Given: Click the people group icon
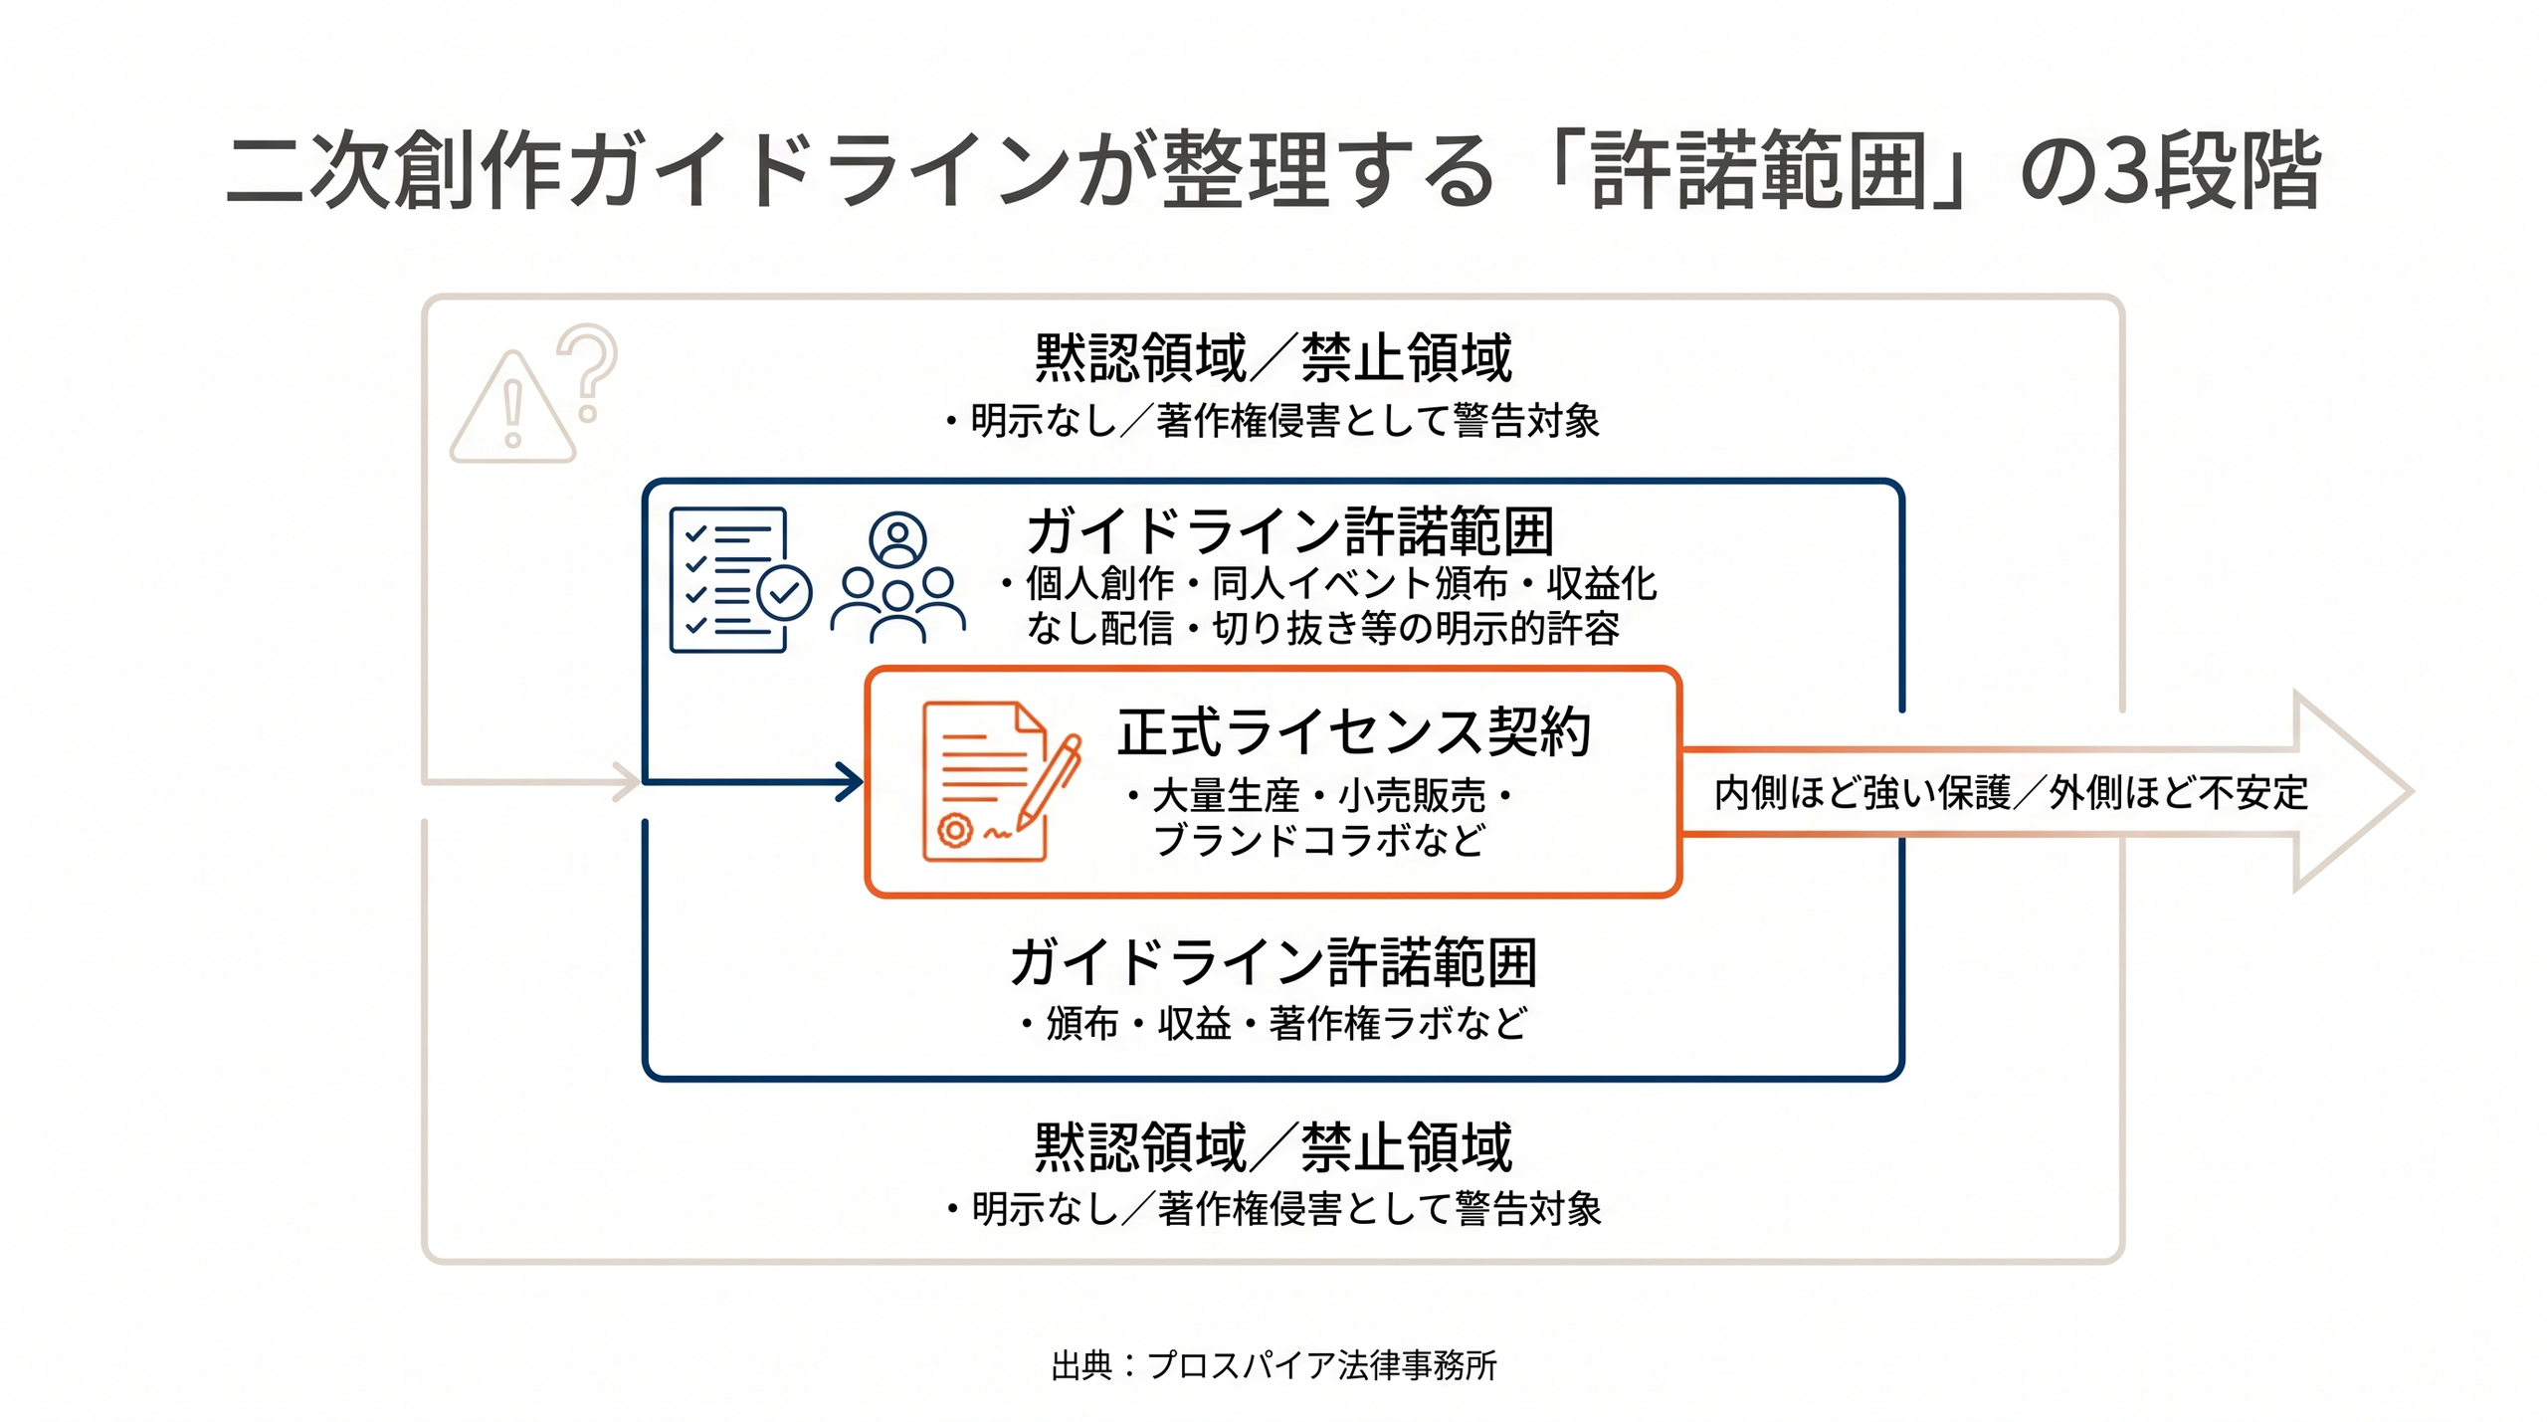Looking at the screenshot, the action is click(x=897, y=577).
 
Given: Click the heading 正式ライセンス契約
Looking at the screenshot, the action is click(x=1354, y=732).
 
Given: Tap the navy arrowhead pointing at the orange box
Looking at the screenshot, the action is click(x=850, y=782).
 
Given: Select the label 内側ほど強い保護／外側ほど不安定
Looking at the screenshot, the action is click(x=2011, y=793).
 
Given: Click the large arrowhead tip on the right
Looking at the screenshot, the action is click(x=2412, y=791).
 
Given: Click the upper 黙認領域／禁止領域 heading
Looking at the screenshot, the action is click(x=1273, y=358).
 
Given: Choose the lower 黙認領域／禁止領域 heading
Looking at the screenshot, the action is click(x=1273, y=1147).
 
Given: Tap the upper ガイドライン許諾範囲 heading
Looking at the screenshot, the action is click(x=1290, y=531).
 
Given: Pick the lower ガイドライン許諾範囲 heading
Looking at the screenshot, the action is click(x=1274, y=962).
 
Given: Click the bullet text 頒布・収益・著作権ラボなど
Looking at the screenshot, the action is click(x=1274, y=1023).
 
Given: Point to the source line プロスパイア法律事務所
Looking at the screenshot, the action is click(x=1321, y=1365).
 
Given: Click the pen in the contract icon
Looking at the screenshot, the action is click(x=1049, y=782).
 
